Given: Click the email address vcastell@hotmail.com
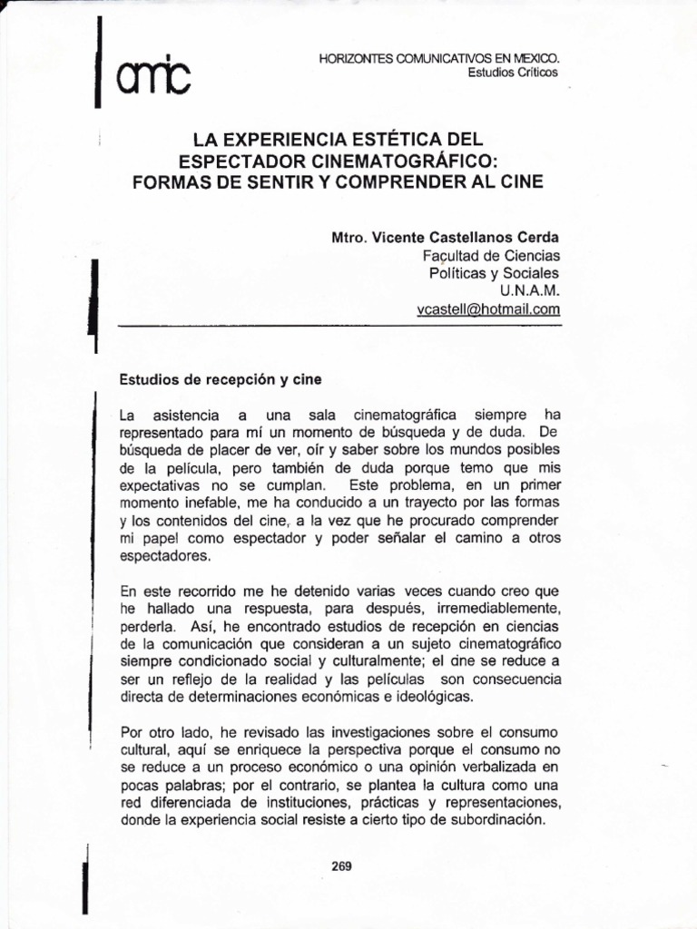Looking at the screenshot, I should [x=488, y=309].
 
